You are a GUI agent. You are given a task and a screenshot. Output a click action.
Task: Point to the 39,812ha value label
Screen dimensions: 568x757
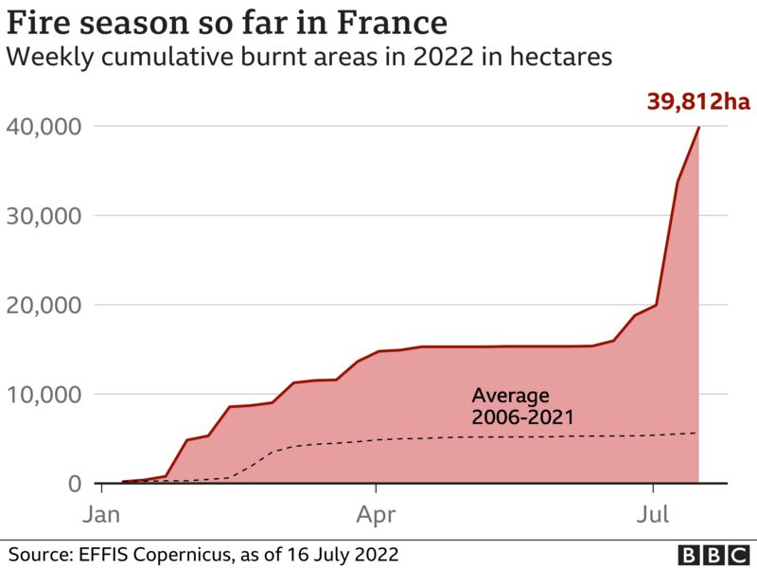tap(697, 101)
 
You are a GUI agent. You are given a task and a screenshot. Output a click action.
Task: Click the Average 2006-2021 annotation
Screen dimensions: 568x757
tap(511, 405)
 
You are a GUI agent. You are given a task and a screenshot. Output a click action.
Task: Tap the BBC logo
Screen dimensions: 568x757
tap(712, 554)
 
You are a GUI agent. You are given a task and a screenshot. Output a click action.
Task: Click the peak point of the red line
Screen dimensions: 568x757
tap(699, 127)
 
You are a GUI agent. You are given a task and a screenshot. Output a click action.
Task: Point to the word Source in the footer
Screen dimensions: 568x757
tap(38, 553)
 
